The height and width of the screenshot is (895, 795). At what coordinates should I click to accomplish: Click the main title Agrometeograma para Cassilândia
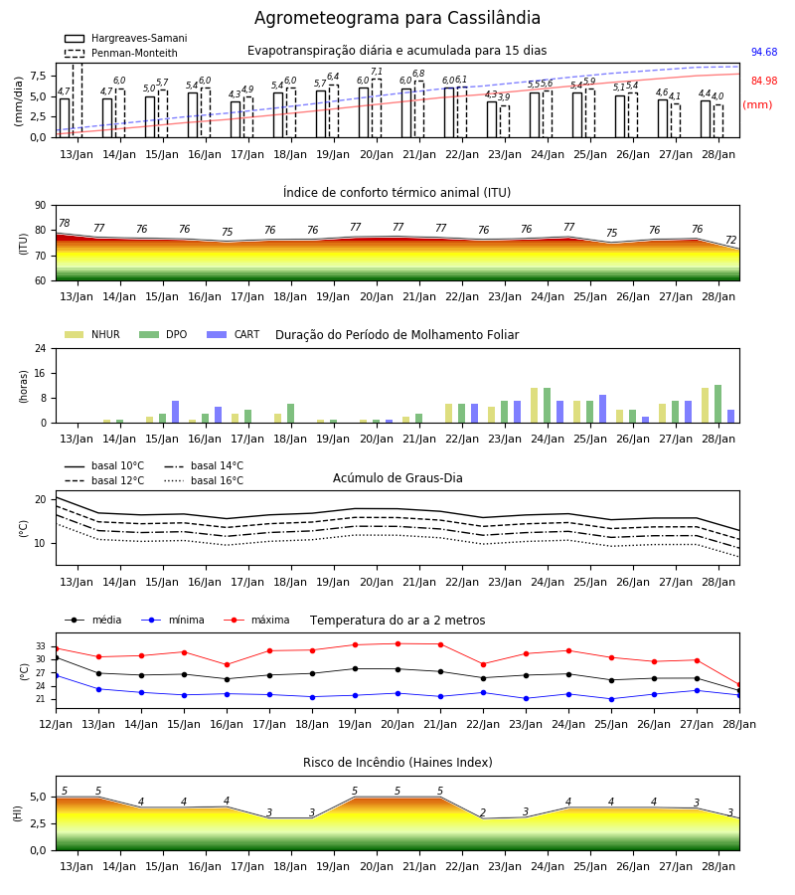(x=397, y=18)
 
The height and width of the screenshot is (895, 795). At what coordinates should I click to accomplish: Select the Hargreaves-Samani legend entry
(x=125, y=38)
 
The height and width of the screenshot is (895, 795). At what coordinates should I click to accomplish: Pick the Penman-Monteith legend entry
(x=121, y=53)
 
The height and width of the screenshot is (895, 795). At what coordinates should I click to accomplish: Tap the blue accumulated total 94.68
(x=764, y=52)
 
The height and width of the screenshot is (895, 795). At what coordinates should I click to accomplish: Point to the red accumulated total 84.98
(x=764, y=81)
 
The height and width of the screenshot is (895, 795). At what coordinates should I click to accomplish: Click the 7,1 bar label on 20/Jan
(x=377, y=72)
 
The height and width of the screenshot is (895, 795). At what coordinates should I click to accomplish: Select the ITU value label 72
(x=731, y=240)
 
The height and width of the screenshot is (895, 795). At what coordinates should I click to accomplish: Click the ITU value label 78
(x=65, y=223)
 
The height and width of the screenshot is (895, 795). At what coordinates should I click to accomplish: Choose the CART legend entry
(x=234, y=334)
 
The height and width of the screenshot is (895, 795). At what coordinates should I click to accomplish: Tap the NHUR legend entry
(x=91, y=334)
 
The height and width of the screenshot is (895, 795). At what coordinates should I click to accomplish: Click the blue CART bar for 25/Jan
(x=603, y=409)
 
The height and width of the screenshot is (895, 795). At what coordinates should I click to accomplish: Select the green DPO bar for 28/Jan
(x=718, y=404)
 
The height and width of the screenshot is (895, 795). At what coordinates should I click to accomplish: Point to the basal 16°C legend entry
(x=204, y=480)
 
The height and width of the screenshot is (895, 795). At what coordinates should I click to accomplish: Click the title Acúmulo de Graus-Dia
(x=397, y=478)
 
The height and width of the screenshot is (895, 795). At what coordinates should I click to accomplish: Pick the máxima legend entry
(x=256, y=620)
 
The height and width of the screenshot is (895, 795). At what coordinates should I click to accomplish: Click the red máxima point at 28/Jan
(x=739, y=685)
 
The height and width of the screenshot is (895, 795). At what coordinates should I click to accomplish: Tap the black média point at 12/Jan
(x=56, y=658)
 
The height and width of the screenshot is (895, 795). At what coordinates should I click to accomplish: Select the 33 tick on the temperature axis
(x=41, y=646)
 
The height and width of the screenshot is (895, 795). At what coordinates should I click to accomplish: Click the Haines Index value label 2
(x=483, y=812)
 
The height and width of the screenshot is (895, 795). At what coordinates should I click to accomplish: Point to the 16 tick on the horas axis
(x=41, y=373)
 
